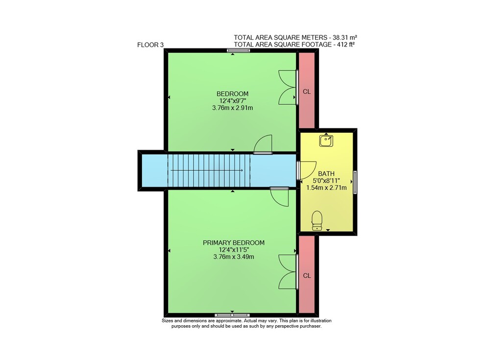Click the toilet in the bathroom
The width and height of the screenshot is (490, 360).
317,220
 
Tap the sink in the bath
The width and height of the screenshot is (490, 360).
326,141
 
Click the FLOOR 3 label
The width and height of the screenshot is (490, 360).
150,45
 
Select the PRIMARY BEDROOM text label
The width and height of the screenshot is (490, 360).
234,243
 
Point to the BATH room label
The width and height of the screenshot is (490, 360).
326,174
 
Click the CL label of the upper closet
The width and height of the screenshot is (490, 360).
307,92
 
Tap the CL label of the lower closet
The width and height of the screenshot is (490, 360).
307,276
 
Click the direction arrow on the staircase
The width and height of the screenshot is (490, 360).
207,170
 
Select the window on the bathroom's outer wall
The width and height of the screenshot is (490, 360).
355,182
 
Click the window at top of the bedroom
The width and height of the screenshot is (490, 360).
239,50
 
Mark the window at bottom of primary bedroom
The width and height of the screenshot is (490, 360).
232,315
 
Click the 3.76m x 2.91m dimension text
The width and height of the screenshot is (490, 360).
232,108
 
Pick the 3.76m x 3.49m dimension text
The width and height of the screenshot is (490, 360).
234,257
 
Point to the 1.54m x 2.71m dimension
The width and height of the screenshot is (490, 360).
326,188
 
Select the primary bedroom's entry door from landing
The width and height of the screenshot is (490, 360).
279,197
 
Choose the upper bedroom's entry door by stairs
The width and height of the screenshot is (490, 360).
263,144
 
